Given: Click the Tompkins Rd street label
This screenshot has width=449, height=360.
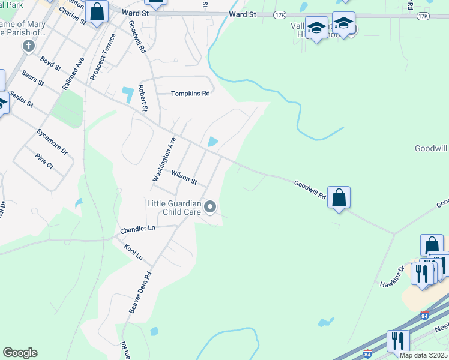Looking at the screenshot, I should point(190,94).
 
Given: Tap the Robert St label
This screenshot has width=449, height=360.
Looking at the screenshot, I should point(143,98).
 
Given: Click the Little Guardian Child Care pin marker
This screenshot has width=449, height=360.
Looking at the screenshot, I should point(210,208).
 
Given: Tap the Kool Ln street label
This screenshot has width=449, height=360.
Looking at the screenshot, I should point(133,251).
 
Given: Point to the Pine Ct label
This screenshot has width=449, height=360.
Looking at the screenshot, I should point(44,161).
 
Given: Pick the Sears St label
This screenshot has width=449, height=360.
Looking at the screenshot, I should point(32,79).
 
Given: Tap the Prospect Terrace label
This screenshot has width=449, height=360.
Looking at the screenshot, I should point(103,61).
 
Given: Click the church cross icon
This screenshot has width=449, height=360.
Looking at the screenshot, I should point(28,46).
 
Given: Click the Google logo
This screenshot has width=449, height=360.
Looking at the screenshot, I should point(20,353).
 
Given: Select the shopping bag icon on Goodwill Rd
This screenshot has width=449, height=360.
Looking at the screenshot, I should point(339,197).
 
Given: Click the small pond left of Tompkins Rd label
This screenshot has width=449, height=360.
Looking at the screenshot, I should point(128,94).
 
